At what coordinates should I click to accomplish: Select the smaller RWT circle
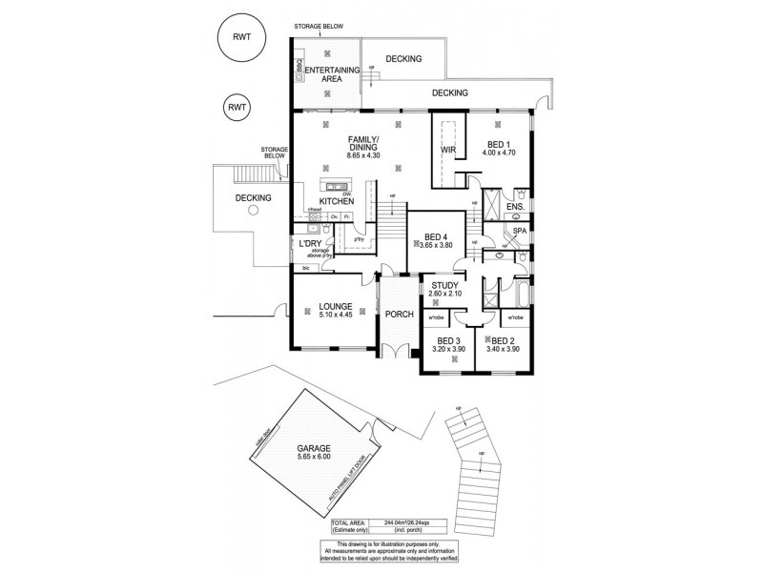point(237,108)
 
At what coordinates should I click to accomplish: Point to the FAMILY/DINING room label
point(363,144)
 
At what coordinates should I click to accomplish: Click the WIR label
point(449,151)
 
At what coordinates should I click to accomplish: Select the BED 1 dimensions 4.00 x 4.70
point(498,153)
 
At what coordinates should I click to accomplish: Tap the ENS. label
point(515,207)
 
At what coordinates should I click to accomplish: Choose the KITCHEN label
point(337,202)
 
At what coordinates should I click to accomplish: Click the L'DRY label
point(310,244)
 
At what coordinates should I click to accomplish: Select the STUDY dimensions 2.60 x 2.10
point(444,295)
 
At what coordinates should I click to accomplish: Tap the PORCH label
point(399,314)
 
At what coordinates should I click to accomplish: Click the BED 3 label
point(448,340)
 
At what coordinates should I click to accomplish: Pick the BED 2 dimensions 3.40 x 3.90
point(503,349)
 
